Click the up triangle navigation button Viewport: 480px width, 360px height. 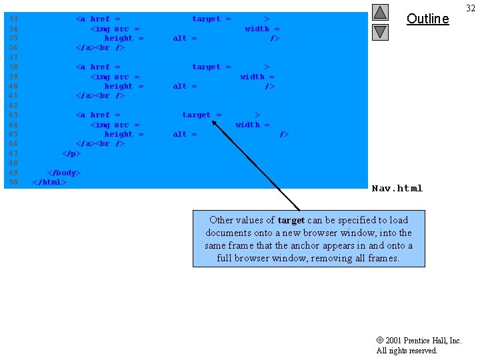[x=380, y=12]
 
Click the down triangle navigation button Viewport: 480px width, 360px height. [x=380, y=31]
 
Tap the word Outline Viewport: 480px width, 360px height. [x=427, y=19]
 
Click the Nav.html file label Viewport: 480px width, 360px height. [x=397, y=188]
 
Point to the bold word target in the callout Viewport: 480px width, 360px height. [x=291, y=220]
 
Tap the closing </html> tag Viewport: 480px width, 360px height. [x=49, y=182]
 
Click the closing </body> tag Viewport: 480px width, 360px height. [x=63, y=173]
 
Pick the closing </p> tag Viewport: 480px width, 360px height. [x=71, y=153]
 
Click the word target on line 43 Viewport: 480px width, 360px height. [x=197, y=115]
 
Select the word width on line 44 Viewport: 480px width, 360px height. [x=248, y=125]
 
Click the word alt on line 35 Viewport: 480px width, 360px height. [x=180, y=38]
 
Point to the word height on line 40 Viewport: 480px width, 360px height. [x=119, y=86]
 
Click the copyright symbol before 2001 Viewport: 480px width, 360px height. [x=380, y=341]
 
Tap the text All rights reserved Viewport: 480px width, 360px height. [x=407, y=351]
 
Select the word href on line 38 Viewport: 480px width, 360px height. [x=100, y=67]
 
